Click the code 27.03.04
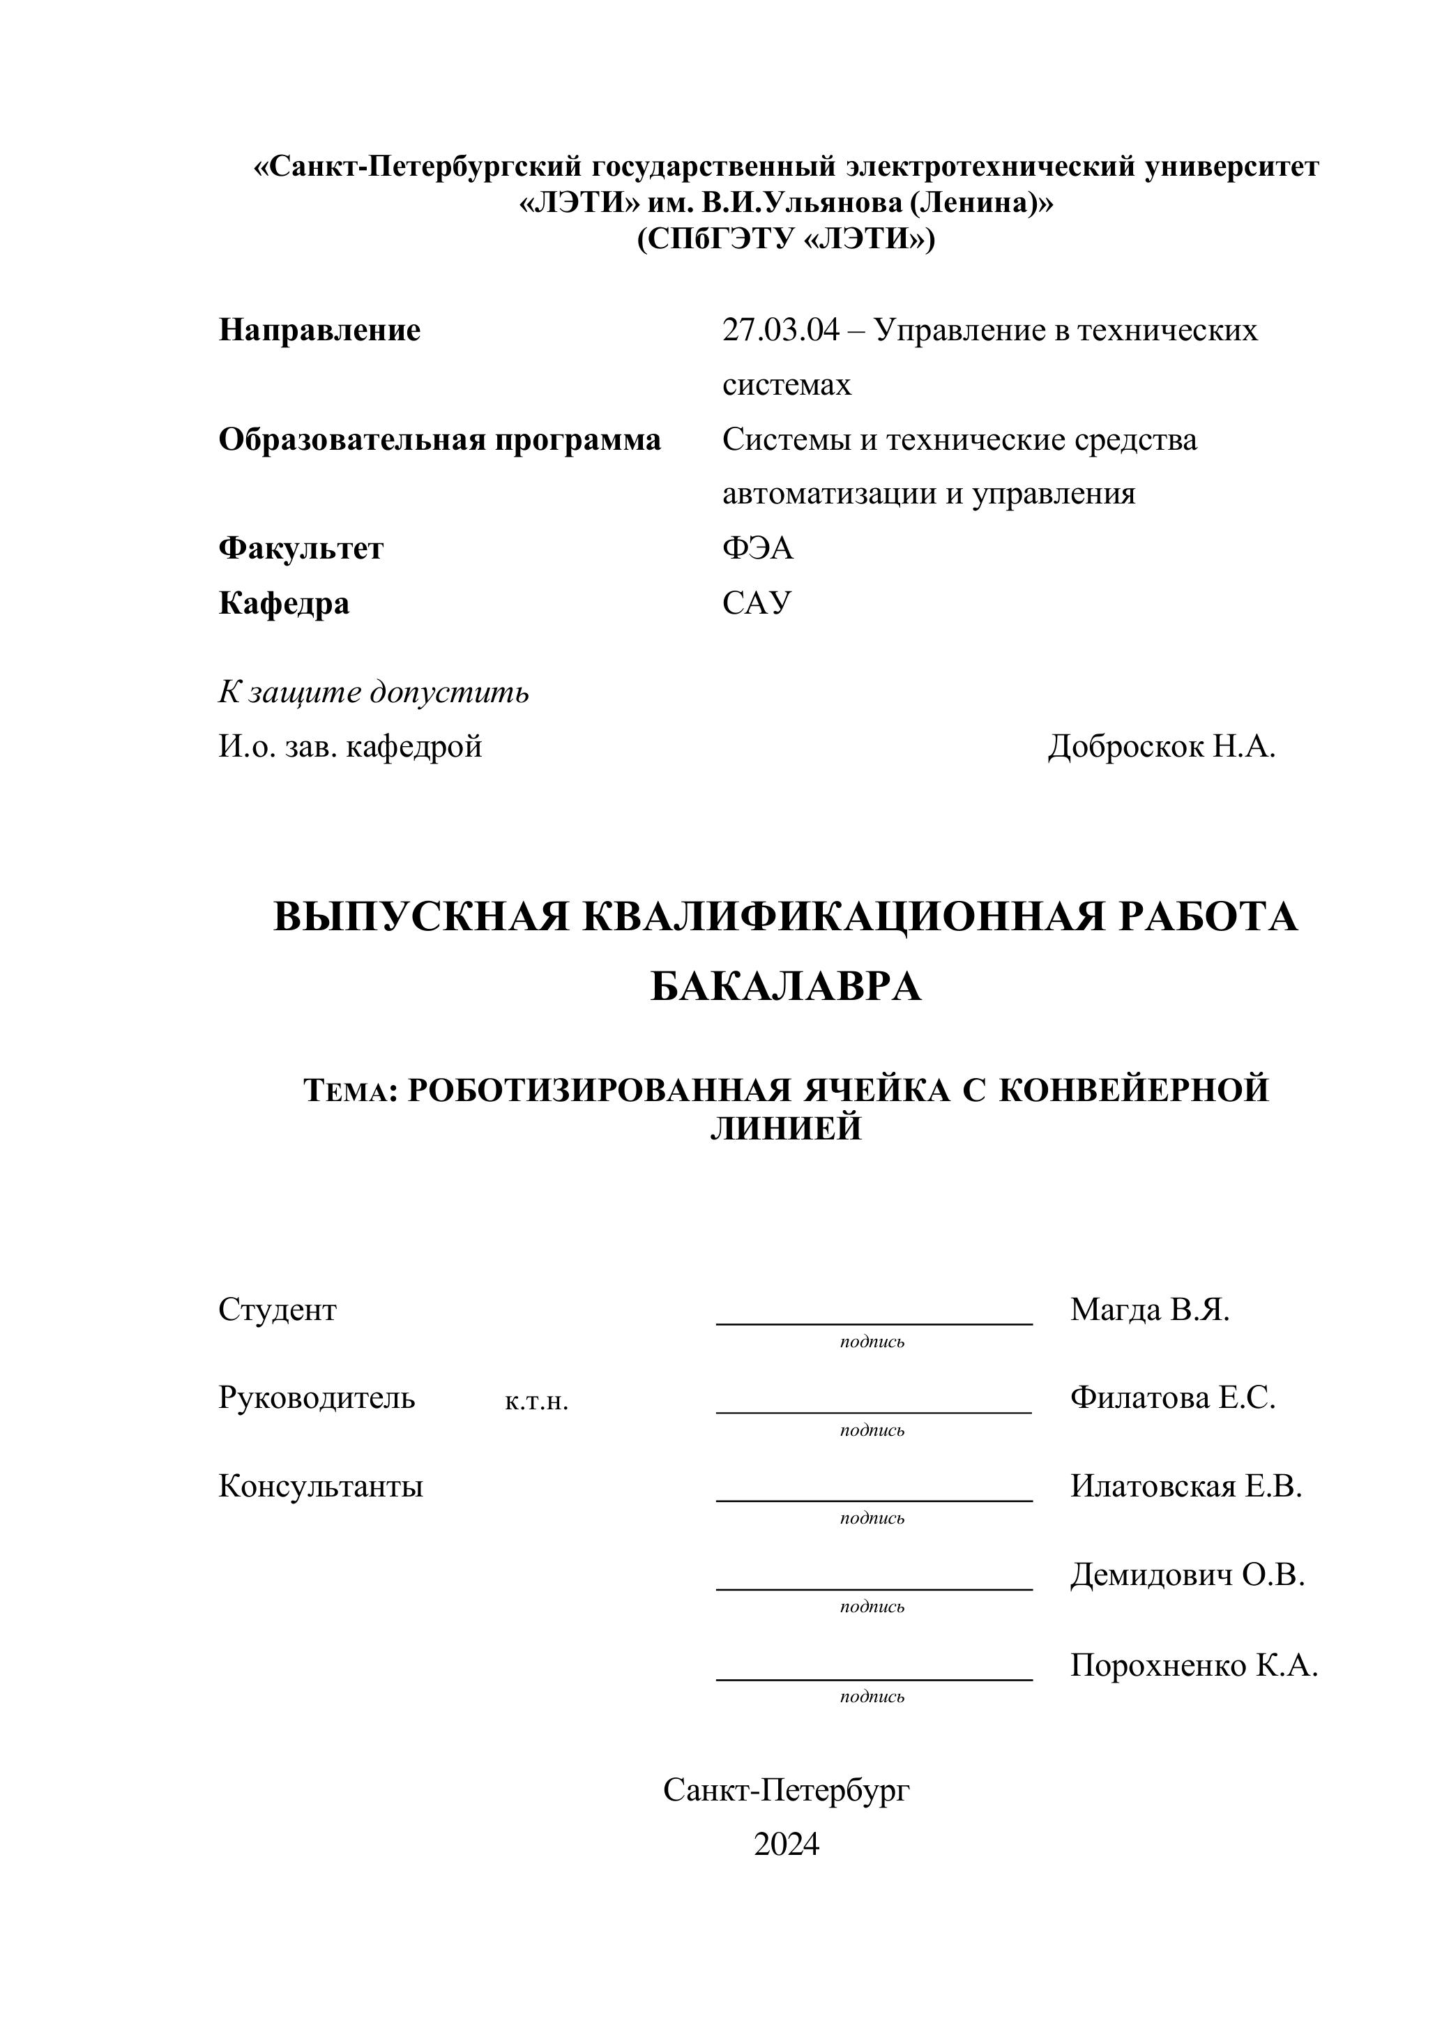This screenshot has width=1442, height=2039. (x=780, y=331)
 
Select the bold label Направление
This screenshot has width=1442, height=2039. (x=319, y=331)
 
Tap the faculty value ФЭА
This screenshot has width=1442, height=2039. (x=757, y=548)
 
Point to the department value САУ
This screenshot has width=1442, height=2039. (x=757, y=603)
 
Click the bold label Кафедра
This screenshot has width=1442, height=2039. (x=284, y=603)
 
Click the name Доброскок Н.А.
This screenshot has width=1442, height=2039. (x=1162, y=747)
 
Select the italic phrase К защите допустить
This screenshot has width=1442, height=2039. (x=374, y=692)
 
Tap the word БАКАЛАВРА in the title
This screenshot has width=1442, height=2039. (x=786, y=987)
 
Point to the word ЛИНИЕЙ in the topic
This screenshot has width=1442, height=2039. (x=786, y=1129)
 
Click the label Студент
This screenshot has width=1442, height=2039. (x=278, y=1309)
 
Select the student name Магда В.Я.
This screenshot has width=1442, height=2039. (x=1150, y=1309)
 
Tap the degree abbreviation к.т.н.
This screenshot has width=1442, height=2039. (x=536, y=1402)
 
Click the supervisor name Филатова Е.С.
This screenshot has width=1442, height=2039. (x=1172, y=1398)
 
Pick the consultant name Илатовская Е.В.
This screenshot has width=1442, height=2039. (x=1185, y=1486)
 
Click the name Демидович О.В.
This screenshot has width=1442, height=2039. (x=1187, y=1575)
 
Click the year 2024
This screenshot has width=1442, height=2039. (x=786, y=1844)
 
